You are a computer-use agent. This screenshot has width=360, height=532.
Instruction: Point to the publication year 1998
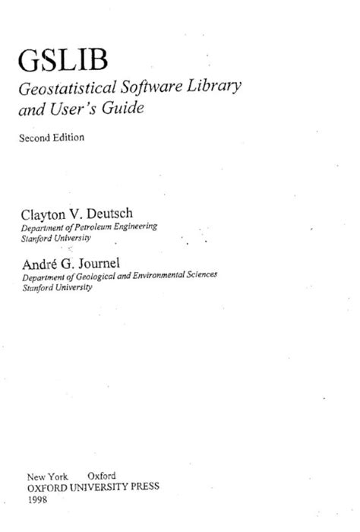(x=36, y=498)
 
